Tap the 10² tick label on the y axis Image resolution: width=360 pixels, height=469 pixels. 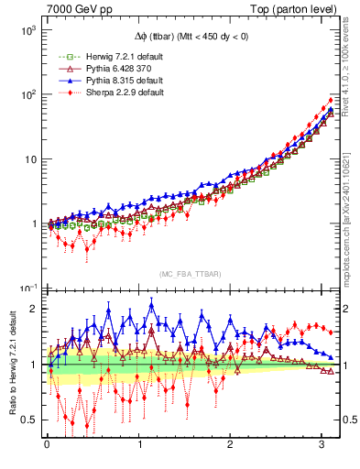(x=27, y=94)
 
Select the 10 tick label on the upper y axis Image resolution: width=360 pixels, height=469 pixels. (x=29, y=159)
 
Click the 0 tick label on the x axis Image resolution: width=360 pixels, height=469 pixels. (x=47, y=446)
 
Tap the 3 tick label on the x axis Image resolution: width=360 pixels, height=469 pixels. (x=322, y=446)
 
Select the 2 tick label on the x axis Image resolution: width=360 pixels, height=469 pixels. (x=230, y=446)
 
